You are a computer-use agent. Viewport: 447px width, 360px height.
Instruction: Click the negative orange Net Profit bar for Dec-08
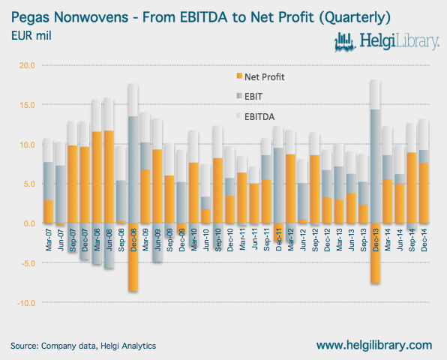click(133, 256)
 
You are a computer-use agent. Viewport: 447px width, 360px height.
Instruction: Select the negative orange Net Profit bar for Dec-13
click(375, 253)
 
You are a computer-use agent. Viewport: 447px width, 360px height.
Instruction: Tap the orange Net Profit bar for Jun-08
click(109, 177)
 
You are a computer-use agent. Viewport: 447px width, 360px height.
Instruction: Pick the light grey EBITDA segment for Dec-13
click(375, 94)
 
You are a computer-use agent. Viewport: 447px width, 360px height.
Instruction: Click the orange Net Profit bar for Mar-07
click(49, 211)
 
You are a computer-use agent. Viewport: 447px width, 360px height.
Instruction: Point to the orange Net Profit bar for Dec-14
click(424, 193)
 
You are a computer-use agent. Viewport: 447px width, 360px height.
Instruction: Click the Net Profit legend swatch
click(239, 76)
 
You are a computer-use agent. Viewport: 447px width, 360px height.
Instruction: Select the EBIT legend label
click(253, 97)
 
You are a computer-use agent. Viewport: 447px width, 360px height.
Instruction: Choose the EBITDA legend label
click(259, 117)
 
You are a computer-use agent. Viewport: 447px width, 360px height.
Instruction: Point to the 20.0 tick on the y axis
click(27, 65)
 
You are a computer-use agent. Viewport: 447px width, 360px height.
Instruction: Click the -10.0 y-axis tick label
click(26, 303)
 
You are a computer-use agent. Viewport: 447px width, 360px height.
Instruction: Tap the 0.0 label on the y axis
click(29, 223)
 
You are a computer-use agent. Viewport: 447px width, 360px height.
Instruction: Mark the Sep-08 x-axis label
click(121, 240)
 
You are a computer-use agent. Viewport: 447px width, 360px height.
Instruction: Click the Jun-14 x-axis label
click(400, 240)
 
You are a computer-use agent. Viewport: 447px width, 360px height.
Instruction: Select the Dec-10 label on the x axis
click(230, 240)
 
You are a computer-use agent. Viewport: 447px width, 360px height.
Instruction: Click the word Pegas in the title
click(31, 18)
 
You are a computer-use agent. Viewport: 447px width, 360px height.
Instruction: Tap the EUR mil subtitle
click(31, 36)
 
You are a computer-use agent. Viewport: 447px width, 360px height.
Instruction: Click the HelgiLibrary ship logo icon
click(345, 42)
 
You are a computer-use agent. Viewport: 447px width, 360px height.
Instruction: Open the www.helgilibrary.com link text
click(374, 346)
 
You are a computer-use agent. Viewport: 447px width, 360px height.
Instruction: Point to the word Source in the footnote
click(24, 346)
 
